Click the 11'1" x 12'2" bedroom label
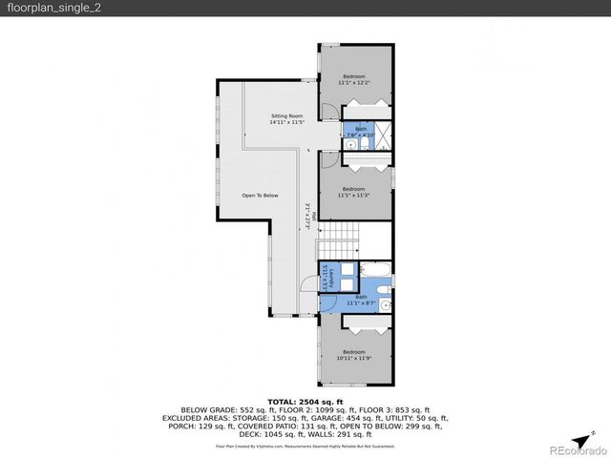tap(353, 80)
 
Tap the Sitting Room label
tap(286, 118)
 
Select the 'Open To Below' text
tap(260, 196)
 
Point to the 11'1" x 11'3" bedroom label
tap(353, 194)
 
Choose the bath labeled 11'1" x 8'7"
tap(361, 300)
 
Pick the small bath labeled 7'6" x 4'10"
tap(361, 132)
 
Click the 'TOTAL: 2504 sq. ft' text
tap(305, 403)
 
